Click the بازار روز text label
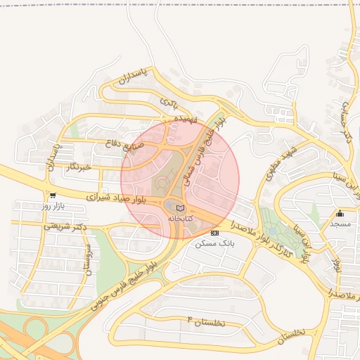53,206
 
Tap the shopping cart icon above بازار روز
53,195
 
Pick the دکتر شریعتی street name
65,226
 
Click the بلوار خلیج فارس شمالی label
209,150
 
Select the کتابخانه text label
180,219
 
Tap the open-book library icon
180,208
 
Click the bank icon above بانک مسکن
214,233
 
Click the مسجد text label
340,223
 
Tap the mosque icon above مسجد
340,213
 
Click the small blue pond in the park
272,231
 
